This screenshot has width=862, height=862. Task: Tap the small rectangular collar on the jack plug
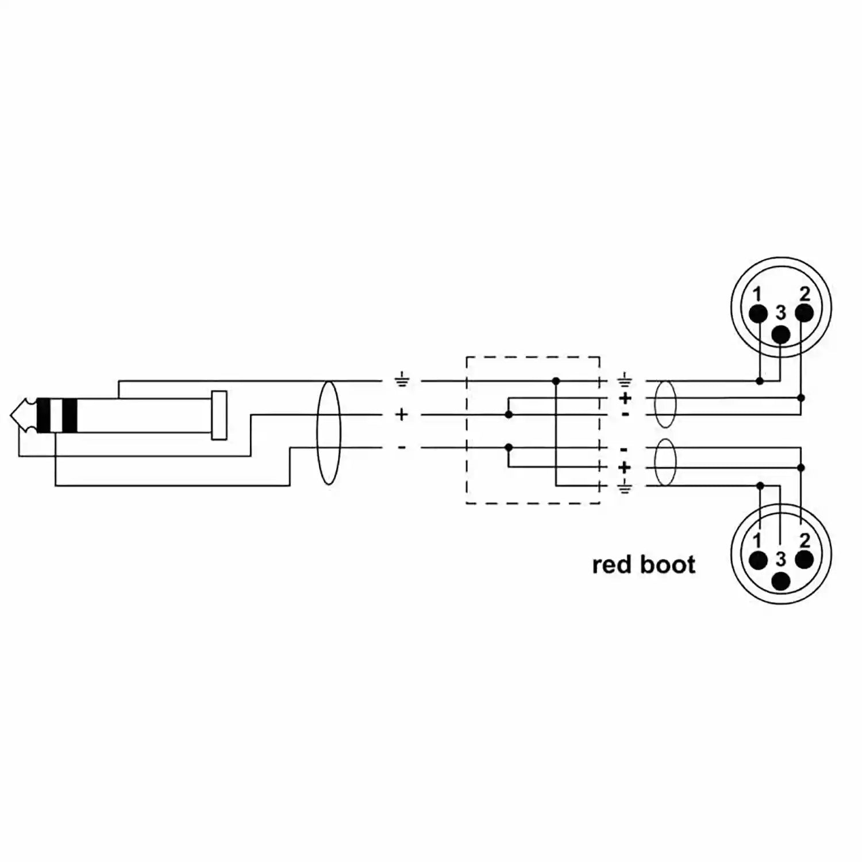219,415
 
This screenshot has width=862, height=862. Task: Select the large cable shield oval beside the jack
329,433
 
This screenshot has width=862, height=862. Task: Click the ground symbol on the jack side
402,380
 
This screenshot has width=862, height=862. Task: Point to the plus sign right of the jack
402,414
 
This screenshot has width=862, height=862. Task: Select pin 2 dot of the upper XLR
804,313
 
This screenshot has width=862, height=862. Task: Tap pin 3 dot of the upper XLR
780,334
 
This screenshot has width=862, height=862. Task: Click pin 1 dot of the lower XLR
759,559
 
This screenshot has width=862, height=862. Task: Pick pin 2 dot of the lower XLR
804,559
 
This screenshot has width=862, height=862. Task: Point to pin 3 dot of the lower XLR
780,580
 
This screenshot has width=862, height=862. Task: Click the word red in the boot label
613,565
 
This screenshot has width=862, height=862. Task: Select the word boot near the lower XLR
668,564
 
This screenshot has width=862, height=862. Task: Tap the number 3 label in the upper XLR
780,313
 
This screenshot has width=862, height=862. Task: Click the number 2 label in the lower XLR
805,540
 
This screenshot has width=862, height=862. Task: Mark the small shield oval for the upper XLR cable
665,404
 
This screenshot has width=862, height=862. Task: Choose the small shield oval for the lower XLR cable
665,463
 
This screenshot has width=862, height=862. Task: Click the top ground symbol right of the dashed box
624,380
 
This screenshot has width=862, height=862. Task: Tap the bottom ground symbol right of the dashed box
624,487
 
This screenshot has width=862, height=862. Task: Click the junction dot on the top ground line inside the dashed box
556,380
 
